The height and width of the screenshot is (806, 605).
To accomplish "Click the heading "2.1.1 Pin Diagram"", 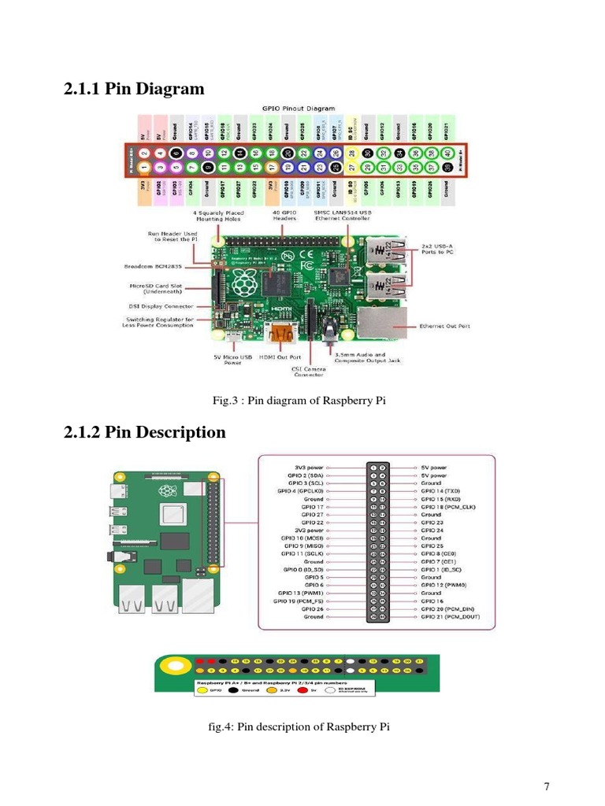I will (x=133, y=89).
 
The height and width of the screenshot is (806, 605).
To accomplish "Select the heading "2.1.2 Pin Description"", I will (x=144, y=432).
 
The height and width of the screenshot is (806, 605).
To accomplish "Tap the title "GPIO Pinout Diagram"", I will (x=298, y=108).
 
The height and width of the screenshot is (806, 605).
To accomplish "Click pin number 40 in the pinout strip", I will (x=447, y=153).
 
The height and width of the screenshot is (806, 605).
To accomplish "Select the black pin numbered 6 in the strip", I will (x=175, y=153).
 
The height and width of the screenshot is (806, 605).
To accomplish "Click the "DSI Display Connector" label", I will (x=158, y=306).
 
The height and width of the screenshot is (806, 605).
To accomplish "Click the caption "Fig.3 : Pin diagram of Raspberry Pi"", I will (x=299, y=401).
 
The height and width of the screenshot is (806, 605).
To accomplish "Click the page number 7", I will (x=546, y=786).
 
